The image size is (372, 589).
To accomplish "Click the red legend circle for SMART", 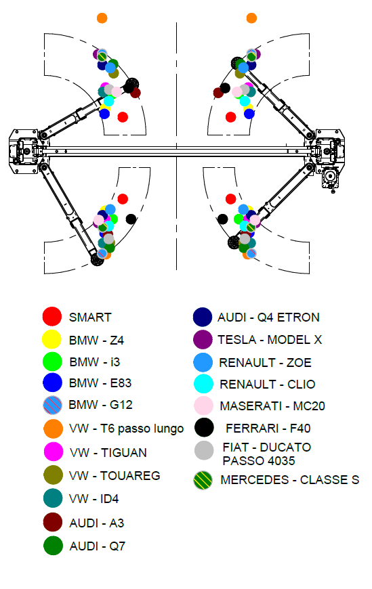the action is pyautogui.click(x=52, y=316).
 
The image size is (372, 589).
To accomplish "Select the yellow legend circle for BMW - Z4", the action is pyautogui.click(x=51, y=339).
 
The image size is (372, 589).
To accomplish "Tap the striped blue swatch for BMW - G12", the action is pyautogui.click(x=52, y=405).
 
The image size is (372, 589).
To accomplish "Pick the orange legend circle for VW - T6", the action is pyautogui.click(x=53, y=429).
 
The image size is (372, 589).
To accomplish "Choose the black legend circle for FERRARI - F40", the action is pyautogui.click(x=204, y=427).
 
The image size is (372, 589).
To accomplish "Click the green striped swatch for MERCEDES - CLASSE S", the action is pyautogui.click(x=203, y=480).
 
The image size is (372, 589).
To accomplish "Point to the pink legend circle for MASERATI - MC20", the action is pyautogui.click(x=203, y=406).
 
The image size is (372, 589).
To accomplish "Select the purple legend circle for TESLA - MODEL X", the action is pyautogui.click(x=203, y=339).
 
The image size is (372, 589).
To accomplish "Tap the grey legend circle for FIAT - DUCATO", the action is pyautogui.click(x=204, y=450).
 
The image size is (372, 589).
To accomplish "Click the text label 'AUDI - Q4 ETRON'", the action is pyautogui.click(x=268, y=318).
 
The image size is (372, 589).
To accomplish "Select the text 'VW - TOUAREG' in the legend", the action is pyautogui.click(x=115, y=475).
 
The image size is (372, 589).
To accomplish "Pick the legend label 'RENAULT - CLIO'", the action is pyautogui.click(x=268, y=385).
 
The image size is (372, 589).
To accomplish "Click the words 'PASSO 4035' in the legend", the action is pyautogui.click(x=259, y=460).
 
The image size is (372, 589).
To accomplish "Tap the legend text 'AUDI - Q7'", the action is pyautogui.click(x=97, y=546).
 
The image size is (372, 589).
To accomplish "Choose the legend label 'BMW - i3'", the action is pyautogui.click(x=95, y=362).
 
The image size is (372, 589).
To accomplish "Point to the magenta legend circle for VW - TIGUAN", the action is pyautogui.click(x=54, y=451).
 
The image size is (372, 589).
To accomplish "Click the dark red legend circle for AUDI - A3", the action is pyautogui.click(x=53, y=522).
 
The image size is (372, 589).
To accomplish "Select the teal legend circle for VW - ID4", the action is pyautogui.click(x=53, y=498).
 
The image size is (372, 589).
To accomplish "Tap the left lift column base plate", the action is pyautogui.click(x=23, y=152).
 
